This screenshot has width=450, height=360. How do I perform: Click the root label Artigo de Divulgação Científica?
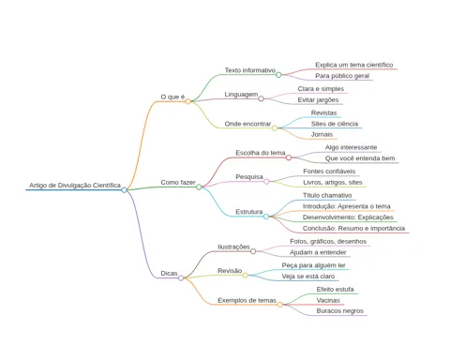[75, 186]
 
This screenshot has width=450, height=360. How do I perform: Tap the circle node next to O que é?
[187, 101]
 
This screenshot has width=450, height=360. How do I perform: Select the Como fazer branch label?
[178, 182]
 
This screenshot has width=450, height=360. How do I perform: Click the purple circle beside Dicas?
[181, 277]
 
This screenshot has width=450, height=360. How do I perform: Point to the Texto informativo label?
[250, 70]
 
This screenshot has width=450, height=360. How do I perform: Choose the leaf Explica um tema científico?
[354, 65]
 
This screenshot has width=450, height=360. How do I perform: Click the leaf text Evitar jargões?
[318, 100]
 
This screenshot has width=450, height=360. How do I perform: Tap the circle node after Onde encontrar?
[275, 127]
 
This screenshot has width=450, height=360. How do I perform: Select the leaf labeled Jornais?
[322, 134]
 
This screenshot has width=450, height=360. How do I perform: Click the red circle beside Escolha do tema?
[289, 157]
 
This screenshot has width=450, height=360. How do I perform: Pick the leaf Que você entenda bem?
[360, 158]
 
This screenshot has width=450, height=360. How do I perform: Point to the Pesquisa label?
[249, 177]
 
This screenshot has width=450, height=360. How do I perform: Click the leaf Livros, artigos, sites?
[333, 183]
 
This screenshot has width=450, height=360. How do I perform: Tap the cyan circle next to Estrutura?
[266, 217]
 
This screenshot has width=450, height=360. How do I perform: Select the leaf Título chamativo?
[327, 196]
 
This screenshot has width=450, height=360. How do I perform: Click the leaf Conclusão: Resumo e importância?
[353, 229]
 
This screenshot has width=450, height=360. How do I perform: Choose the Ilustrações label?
[233, 247]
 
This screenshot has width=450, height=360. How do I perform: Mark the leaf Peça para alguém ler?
[313, 265]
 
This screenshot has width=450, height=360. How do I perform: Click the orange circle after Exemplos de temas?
[279, 305]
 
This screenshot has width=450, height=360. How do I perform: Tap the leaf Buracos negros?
[340, 311]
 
